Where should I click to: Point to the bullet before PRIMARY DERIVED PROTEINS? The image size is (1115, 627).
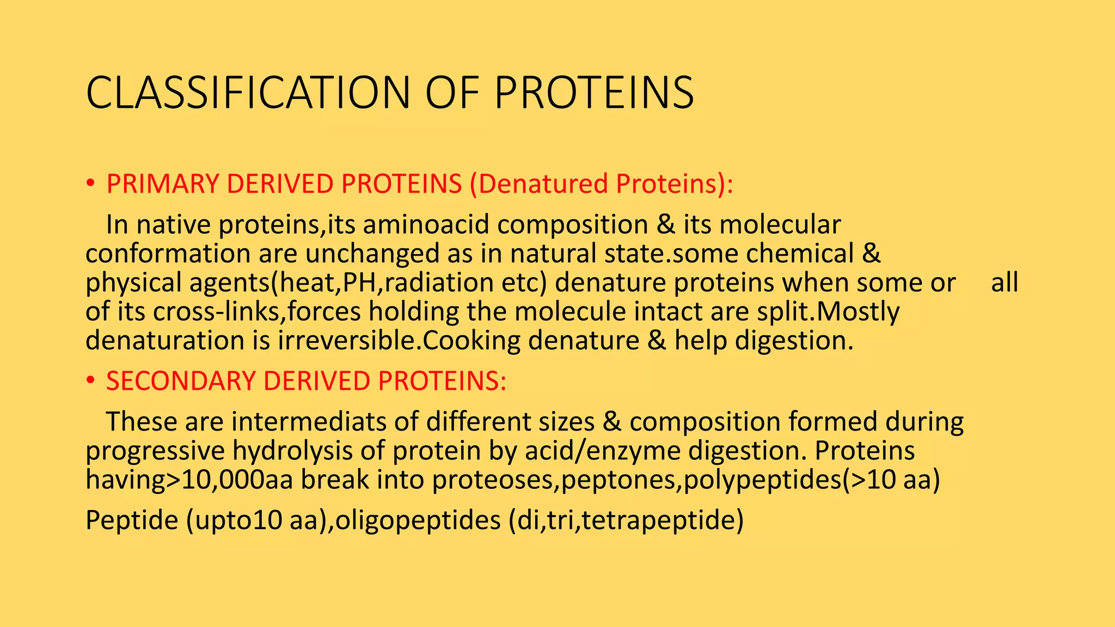tap(90, 184)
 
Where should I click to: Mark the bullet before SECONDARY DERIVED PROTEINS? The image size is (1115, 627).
tap(90, 380)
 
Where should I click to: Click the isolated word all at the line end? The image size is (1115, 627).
tap(1004, 282)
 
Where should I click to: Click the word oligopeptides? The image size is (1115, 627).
tap(418, 520)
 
